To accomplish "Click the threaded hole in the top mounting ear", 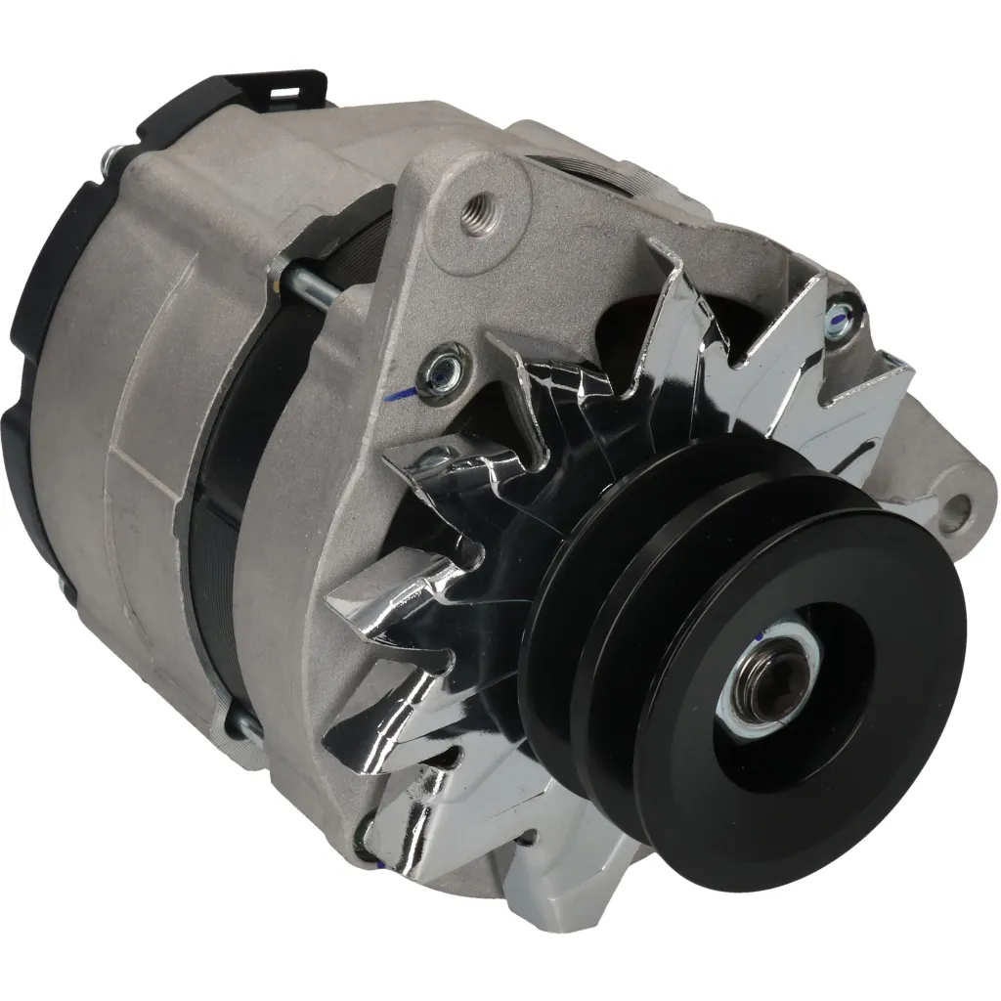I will [x=481, y=207].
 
